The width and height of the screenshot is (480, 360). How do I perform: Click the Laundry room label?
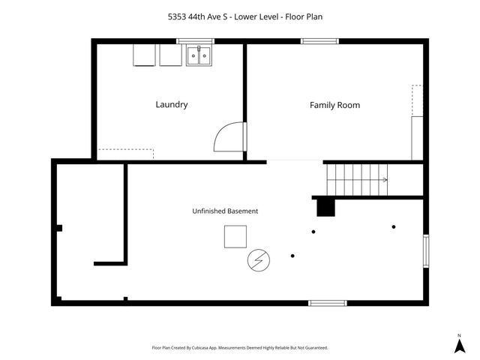pyautogui.click(x=172, y=105)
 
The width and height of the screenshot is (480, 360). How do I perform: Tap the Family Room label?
pyautogui.click(x=335, y=105)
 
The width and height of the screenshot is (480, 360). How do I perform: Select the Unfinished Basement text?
pyautogui.click(x=225, y=211)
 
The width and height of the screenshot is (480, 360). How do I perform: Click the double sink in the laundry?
pyautogui.click(x=199, y=55)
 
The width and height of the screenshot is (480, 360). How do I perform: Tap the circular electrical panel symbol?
pyautogui.click(x=259, y=260)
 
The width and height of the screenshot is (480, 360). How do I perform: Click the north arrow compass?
pyautogui.click(x=460, y=343)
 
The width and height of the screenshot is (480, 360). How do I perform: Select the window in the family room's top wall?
pyautogui.click(x=319, y=41)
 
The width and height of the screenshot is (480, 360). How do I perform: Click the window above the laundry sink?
pyautogui.click(x=195, y=41)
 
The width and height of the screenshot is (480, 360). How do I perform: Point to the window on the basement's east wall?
pyautogui.click(x=426, y=251)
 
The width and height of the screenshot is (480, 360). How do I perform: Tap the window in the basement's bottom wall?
pyautogui.click(x=328, y=303)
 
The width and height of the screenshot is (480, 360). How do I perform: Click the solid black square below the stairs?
pyautogui.click(x=325, y=208)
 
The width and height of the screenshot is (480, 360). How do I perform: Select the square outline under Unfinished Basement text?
pyautogui.click(x=235, y=237)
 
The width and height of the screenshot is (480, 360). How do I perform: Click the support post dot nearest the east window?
pyautogui.click(x=394, y=226)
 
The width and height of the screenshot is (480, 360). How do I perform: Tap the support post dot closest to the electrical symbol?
pyautogui.click(x=292, y=256)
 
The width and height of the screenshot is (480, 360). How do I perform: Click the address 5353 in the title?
pyautogui.click(x=177, y=16)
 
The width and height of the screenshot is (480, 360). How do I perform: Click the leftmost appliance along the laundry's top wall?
pyautogui.click(x=144, y=55)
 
